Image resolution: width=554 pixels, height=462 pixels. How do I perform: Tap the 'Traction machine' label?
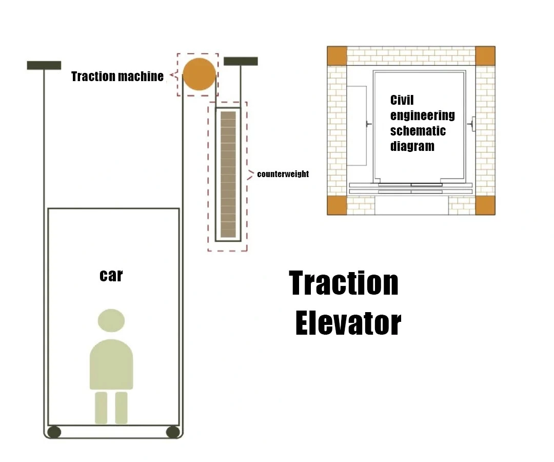point(117,76)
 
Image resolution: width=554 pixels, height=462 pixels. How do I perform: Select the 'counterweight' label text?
point(283,174)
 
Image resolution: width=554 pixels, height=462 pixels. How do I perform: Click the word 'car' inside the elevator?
point(111,276)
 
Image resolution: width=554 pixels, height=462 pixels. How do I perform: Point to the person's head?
point(111,321)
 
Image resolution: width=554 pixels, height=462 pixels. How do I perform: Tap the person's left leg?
point(101,408)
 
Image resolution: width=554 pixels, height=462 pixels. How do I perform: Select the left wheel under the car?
point(54,432)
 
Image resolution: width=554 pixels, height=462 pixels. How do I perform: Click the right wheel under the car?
point(173,432)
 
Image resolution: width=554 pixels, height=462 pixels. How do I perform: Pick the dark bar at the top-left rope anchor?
point(44,65)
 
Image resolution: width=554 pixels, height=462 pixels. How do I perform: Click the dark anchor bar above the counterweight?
point(241,61)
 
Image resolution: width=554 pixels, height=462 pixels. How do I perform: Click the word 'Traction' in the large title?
point(344,283)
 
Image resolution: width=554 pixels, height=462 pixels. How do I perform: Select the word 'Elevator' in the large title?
point(348,323)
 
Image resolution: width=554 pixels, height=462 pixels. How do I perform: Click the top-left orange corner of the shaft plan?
point(337,55)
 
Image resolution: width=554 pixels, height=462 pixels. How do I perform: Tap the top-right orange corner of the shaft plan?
point(485,55)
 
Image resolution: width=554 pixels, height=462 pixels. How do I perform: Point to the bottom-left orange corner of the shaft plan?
point(337,205)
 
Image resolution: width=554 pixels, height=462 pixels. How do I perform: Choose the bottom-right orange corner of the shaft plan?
point(485,205)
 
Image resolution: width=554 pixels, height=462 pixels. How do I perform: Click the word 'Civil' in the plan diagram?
point(402,100)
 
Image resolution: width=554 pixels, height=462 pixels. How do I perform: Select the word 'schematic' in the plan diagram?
point(418,131)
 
